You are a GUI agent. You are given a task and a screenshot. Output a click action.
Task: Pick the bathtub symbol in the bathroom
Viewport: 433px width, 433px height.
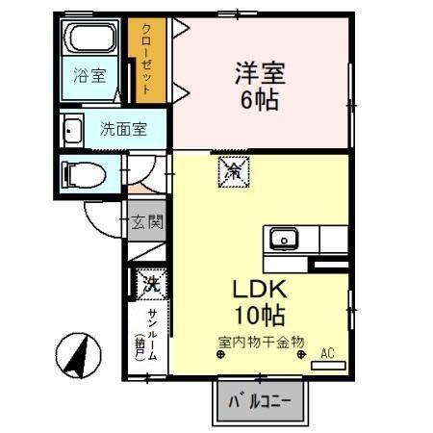[89, 41]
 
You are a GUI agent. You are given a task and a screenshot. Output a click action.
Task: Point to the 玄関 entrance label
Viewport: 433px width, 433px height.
[147, 222]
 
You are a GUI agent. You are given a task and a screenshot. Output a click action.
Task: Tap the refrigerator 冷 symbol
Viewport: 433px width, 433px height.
[233, 172]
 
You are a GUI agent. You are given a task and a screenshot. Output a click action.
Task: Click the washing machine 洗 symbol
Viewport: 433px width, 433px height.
[150, 283]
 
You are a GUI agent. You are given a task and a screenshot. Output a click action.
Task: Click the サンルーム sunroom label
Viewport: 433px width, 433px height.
[152, 332]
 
